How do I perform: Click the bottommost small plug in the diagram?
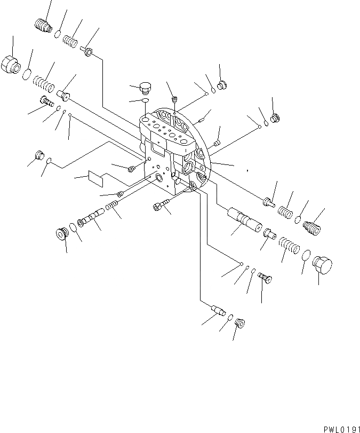coord(239,324)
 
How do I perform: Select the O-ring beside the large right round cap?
coord(306,256)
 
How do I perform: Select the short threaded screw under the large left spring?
coord(45,101)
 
